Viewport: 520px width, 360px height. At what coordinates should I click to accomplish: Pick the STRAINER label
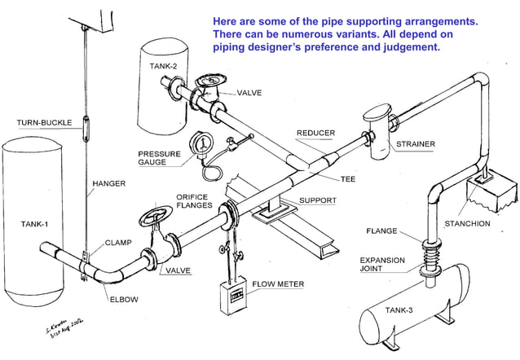[416, 144]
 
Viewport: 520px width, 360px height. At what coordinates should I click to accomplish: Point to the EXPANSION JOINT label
[381, 266]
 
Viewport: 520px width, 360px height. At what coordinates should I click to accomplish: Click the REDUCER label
[315, 133]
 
